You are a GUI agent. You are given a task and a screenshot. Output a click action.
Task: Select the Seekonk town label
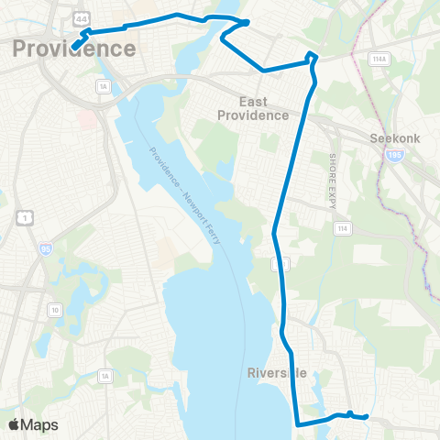(395, 139)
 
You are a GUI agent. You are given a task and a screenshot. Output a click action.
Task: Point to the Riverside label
(275, 373)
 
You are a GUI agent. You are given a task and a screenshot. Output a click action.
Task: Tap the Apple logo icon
(15, 424)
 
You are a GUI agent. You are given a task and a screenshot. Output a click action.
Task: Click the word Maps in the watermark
(40, 424)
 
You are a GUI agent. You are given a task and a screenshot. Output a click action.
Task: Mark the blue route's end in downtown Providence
(72, 47)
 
